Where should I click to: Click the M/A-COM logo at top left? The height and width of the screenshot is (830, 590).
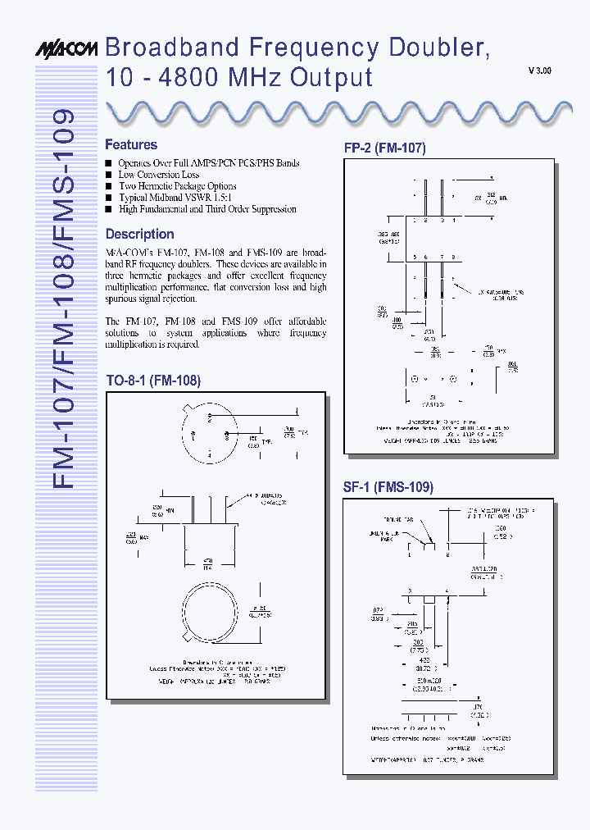66,50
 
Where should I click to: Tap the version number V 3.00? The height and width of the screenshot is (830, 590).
539,71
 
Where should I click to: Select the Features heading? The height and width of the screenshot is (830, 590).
131,144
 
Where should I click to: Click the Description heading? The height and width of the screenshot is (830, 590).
140,234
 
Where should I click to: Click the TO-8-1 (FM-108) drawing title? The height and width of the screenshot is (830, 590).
153,381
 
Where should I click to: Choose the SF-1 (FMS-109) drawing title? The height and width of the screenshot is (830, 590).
388,486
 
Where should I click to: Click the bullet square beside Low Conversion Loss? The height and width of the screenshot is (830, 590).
108,175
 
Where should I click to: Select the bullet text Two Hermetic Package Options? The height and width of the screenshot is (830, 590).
177,186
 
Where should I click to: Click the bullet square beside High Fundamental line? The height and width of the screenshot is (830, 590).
108,209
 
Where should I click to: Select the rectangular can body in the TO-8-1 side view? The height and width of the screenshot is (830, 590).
207,541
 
